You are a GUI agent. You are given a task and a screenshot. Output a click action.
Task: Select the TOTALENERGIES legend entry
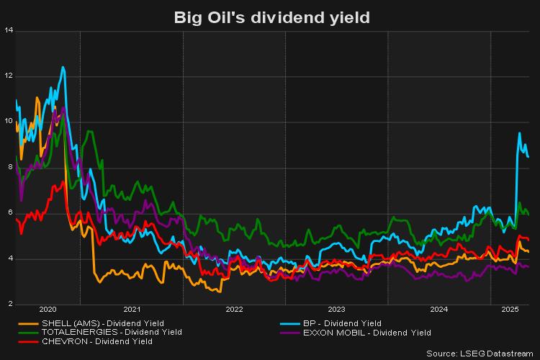pyautogui.click(x=112, y=333)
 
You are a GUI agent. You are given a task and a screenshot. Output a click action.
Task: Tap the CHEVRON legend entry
pyautogui.click(x=97, y=342)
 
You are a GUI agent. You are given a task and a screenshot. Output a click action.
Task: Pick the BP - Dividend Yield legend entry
pyautogui.click(x=343, y=323)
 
